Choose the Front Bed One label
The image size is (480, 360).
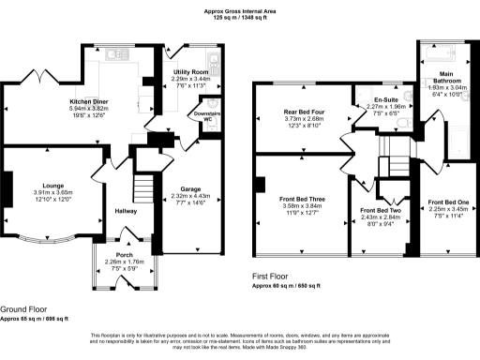447,203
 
